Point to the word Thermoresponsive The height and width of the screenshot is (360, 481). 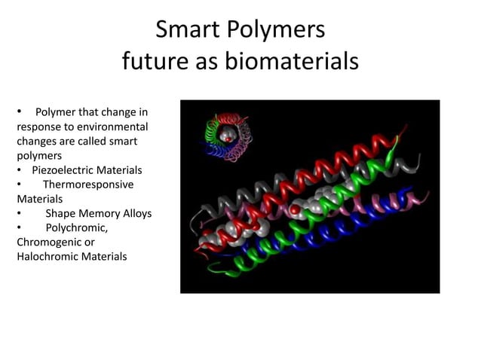point(87,185)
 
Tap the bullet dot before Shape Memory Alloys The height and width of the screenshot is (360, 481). point(20,213)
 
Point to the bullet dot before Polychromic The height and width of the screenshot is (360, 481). point(20,227)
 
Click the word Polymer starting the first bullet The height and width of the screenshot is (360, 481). point(57,113)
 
